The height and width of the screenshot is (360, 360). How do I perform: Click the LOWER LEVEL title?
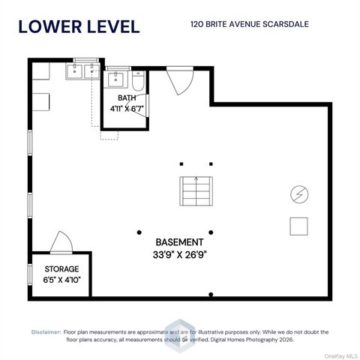pyautogui.click(x=79, y=27)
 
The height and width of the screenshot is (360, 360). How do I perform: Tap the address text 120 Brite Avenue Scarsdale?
pyautogui.click(x=250, y=24)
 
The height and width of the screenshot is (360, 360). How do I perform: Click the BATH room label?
pyautogui.click(x=127, y=97)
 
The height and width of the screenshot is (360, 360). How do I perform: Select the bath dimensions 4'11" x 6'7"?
pyautogui.click(x=127, y=109)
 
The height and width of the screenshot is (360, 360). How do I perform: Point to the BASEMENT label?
pyautogui.click(x=179, y=242)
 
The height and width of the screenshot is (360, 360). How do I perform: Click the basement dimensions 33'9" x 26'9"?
pyautogui.click(x=180, y=255)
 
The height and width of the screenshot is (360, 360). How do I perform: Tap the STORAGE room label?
pyautogui.click(x=61, y=269)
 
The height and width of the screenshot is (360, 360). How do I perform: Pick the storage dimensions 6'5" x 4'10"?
pyautogui.click(x=62, y=280)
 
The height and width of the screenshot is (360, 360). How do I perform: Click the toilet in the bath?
pyautogui.click(x=138, y=81)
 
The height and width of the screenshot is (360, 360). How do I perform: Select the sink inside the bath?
pyautogui.click(x=115, y=79)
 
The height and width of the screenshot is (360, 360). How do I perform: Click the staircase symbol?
pyautogui.click(x=196, y=191)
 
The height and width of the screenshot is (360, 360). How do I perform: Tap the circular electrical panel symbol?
pyautogui.click(x=299, y=194)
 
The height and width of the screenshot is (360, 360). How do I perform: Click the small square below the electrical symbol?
pyautogui.click(x=298, y=226)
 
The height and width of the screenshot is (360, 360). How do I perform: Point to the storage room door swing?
pyautogui.click(x=61, y=242)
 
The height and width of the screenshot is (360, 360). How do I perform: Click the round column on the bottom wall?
pyautogui.click(x=211, y=294)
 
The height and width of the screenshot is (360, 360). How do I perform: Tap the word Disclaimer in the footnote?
pyautogui.click(x=46, y=332)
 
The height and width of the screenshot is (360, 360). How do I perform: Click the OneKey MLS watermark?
pyautogui.click(x=341, y=356)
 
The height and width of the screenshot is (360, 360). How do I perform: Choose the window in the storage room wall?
pyautogui.click(x=30, y=274)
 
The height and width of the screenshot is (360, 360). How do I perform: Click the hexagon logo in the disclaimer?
pyautogui.click(x=180, y=335)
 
